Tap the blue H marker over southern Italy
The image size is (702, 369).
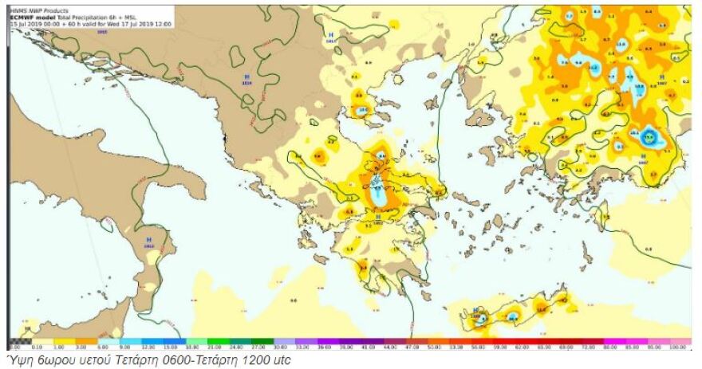click(x=148, y=238)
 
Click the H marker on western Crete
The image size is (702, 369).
click(x=475, y=308)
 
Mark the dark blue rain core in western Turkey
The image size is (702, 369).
click(x=650, y=137)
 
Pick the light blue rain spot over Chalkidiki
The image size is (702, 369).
click(x=365, y=110)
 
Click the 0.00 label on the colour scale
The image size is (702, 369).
click(x=14, y=347)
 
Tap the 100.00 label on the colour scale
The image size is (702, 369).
click(x=679, y=347)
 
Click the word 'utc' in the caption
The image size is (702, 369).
click(x=282, y=360)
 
